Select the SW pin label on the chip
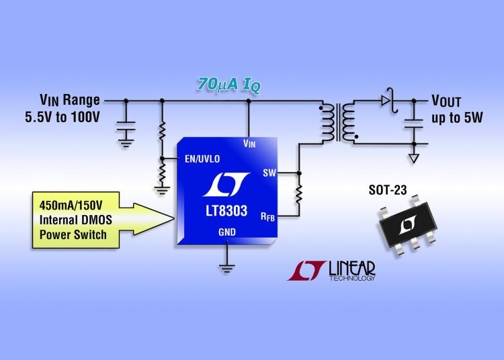click(x=270, y=173)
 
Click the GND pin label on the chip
click(x=227, y=232)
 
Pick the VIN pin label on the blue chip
click(x=249, y=143)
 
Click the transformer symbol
click(x=338, y=122)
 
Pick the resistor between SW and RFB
click(x=299, y=195)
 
